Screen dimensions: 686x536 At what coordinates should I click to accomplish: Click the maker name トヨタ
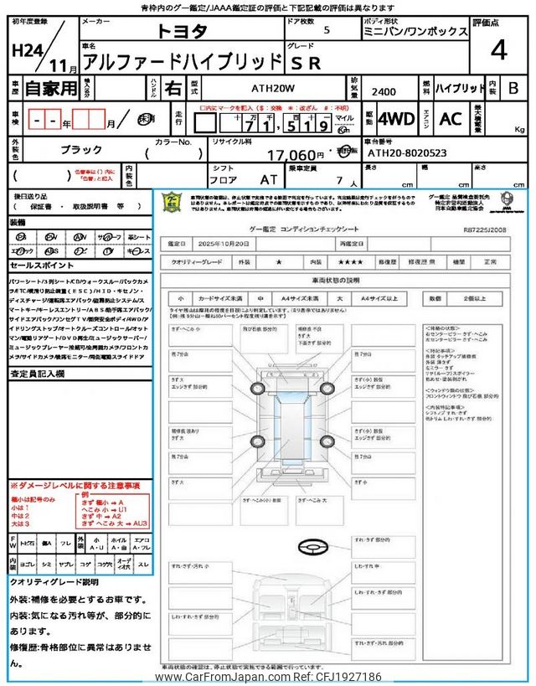184,31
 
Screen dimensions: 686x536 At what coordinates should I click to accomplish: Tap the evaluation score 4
499,50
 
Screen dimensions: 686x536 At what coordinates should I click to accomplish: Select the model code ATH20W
260,87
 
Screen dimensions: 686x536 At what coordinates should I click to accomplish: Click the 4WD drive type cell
396,119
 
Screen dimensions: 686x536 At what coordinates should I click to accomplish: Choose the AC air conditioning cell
451,119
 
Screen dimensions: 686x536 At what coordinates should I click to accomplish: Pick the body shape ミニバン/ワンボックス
430,31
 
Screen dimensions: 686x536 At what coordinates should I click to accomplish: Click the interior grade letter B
513,87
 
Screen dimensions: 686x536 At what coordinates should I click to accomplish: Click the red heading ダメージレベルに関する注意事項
75,486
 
